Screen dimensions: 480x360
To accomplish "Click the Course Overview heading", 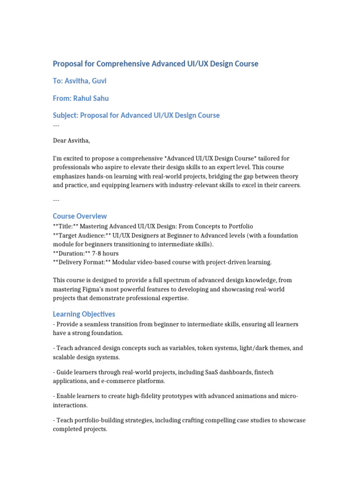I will pyautogui.click(x=80, y=216).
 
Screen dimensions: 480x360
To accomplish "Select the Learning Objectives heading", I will pyautogui.click(x=84, y=314).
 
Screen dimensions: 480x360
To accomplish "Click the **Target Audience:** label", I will pyautogui.click(x=80, y=235).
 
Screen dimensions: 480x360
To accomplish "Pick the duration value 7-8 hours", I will pyautogui.click(x=105, y=253).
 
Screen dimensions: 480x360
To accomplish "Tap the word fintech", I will pyautogui.click(x=263, y=372).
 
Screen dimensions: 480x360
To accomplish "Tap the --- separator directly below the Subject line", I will pyautogui.click(x=56, y=125).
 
